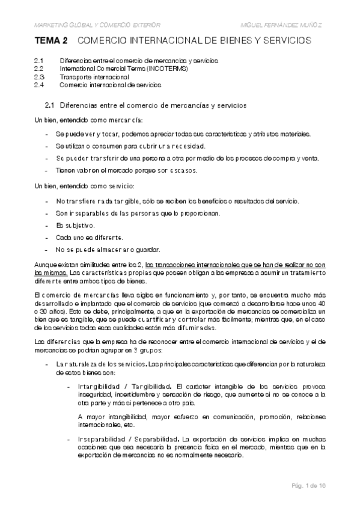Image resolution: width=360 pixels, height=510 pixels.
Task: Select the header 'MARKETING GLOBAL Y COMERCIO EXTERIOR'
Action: click(97, 25)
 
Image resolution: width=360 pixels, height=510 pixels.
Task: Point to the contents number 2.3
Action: click(40, 77)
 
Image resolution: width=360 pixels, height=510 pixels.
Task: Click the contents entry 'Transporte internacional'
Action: click(94, 77)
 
